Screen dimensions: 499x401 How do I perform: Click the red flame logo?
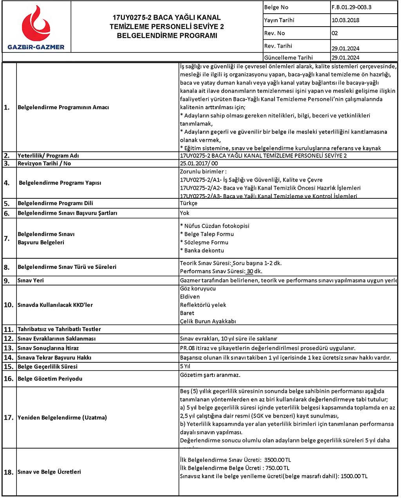pos(36,24)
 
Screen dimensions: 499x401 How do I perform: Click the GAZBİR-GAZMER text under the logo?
pos(36,47)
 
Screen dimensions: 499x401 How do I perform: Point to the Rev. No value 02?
pos(334,33)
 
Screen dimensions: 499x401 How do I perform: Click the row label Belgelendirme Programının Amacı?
pos(63,107)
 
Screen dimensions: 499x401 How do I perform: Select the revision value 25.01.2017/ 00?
pos(199,164)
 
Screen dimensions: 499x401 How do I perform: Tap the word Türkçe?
pos(189,203)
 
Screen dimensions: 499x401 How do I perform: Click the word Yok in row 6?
pos(184,213)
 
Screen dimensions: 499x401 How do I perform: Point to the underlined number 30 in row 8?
pos(250,271)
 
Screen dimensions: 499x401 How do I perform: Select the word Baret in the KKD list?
pos(187,313)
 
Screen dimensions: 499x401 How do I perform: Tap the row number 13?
pos(9,348)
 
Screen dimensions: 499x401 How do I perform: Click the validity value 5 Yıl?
pos(185,366)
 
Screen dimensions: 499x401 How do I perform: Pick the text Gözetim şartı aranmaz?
pos(210,375)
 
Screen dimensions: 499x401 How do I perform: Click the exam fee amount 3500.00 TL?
pos(278,460)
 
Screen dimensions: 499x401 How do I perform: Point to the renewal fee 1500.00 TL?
pos(354,476)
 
